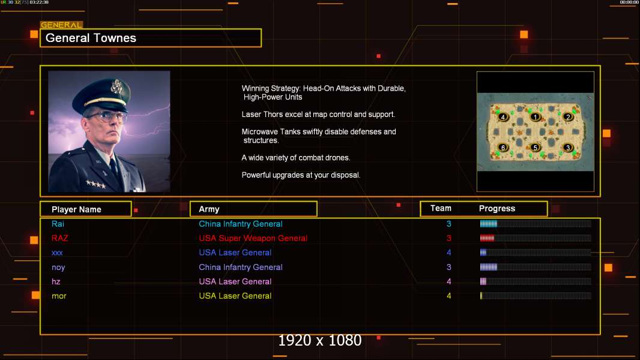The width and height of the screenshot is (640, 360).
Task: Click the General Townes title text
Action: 91,38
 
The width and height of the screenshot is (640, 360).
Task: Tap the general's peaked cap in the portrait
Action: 102,94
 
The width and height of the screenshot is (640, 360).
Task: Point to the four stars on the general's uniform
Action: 96,184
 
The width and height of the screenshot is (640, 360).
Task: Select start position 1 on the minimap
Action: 535,117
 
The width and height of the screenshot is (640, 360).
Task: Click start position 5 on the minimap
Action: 535,148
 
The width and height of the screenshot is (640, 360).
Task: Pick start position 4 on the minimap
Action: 503,117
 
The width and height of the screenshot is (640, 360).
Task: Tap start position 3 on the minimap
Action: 568,148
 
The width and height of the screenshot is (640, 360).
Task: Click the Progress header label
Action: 497,208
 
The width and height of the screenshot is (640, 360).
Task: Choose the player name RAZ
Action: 59,238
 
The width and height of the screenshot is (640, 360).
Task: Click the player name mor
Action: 59,296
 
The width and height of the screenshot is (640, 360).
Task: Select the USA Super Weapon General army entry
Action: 253,238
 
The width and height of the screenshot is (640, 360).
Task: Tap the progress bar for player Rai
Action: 536,223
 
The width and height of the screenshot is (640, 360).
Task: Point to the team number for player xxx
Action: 448,253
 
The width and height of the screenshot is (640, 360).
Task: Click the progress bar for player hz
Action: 536,281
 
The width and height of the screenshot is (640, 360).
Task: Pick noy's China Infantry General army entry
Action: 240,267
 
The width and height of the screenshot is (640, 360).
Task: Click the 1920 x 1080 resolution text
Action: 320,340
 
